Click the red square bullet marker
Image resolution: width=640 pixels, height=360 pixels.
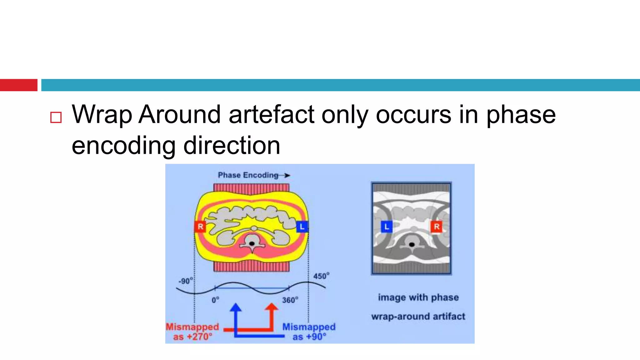coord(56,117)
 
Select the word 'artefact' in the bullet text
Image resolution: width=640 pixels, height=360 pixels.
coord(272,114)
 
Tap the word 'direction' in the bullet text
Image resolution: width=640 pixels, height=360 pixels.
coord(232,146)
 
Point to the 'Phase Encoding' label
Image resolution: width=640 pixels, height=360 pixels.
coord(248,175)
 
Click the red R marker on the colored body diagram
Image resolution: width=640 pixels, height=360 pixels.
coord(200,227)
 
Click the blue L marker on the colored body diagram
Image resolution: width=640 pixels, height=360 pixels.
coord(302,227)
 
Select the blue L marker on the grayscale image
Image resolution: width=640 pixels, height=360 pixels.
coord(387,227)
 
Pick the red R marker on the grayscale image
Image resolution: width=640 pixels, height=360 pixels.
coord(437,227)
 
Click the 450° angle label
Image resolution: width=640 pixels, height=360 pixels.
coord(321,276)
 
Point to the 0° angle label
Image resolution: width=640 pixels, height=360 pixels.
coord(215,300)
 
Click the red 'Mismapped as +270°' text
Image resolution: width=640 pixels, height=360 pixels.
coord(192,332)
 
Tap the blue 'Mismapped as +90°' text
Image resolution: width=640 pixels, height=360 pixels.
coord(309,332)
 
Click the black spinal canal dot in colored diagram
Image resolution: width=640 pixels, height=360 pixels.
coord(252,243)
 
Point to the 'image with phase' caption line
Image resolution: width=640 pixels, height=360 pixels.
coord(418,297)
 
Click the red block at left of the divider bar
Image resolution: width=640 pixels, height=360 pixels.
coord(19,85)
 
